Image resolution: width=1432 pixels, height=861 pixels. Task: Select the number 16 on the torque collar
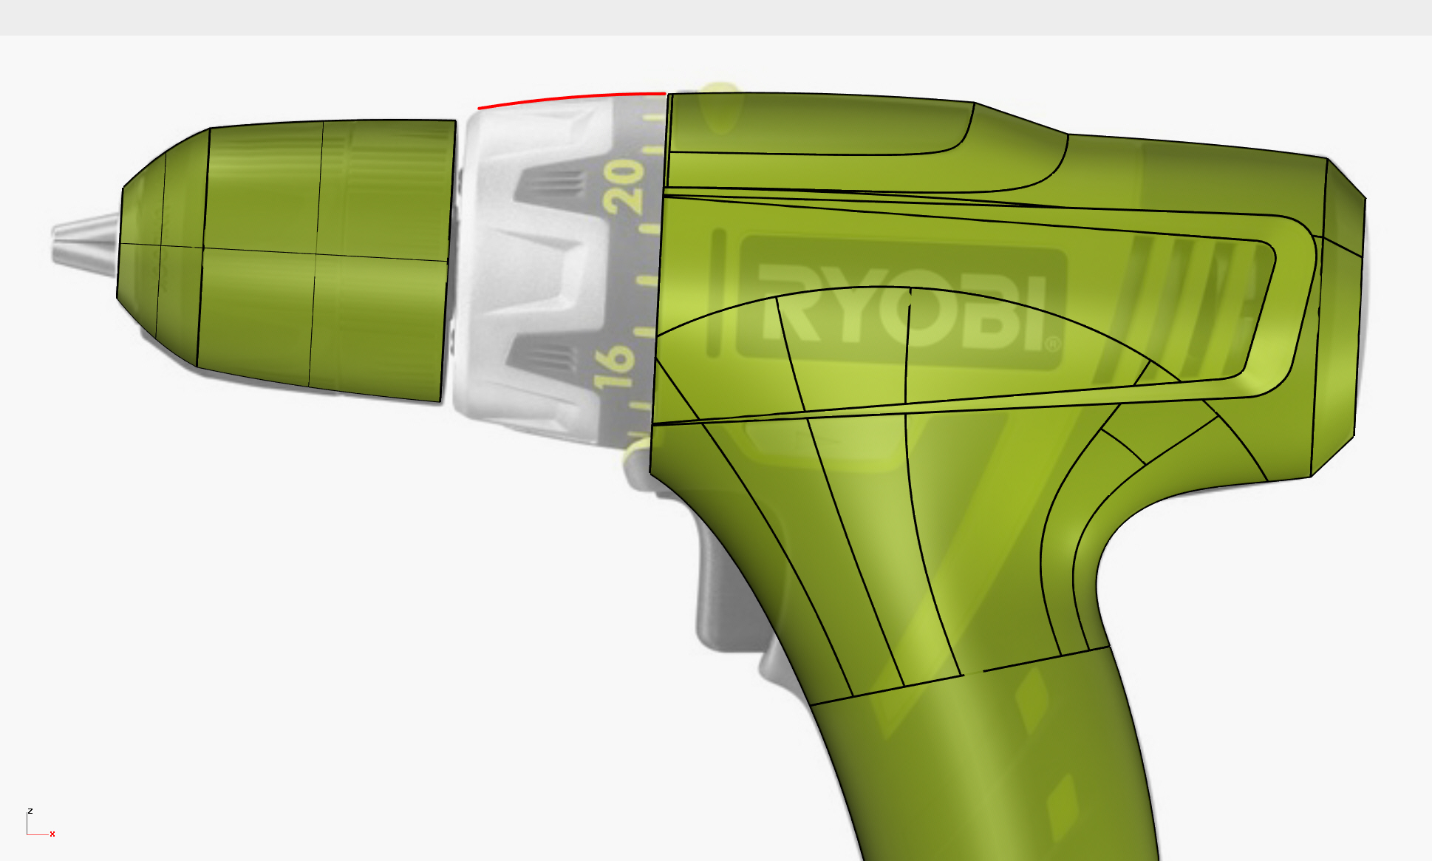tap(614, 367)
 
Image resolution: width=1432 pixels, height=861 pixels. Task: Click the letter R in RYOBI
tap(790, 303)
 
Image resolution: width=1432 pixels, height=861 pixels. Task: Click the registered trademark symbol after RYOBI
tap(1053, 344)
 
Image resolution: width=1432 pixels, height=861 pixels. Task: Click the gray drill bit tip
tap(83, 239)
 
